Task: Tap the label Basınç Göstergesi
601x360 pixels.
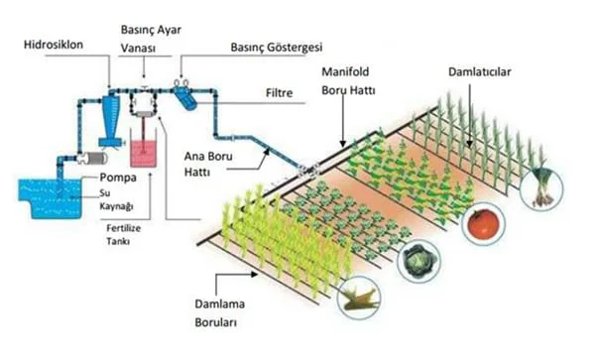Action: coord(277,47)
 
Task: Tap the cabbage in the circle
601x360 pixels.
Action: coord(418,262)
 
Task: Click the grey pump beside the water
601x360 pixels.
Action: coord(90,158)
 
